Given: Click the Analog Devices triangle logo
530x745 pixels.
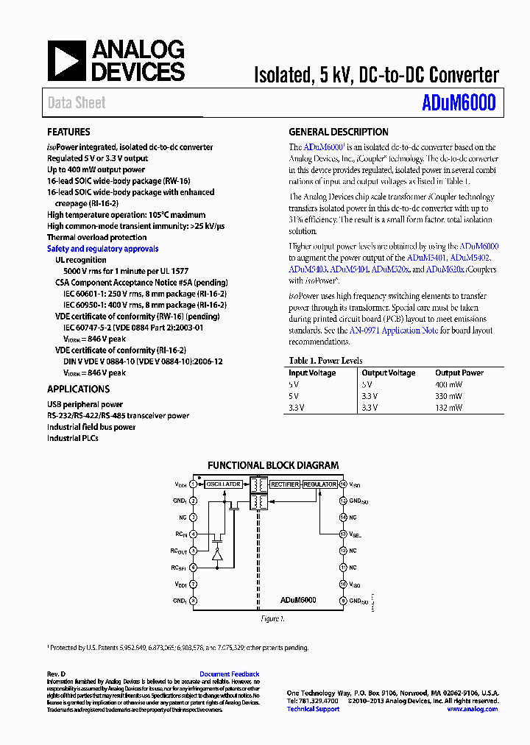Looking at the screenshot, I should coord(67,60).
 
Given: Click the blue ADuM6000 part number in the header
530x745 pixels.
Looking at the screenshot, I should coord(459,103).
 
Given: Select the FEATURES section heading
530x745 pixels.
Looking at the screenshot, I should coord(68,132).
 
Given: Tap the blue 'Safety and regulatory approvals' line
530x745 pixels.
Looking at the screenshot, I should coord(102,249).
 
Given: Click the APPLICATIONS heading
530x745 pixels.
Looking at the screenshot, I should coord(78,389).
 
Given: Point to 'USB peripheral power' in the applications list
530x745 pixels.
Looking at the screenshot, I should coord(85,404).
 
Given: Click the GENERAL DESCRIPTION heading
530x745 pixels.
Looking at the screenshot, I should coord(338,132).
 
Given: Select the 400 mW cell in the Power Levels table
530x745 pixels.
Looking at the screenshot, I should coord(448,384).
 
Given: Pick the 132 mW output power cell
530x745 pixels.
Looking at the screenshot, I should coord(448,407).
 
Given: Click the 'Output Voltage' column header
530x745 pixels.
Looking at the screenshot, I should coord(388,372).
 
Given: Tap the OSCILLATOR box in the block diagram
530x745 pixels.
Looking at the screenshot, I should coord(223,484).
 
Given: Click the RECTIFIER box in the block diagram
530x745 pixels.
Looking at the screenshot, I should coord(284,484).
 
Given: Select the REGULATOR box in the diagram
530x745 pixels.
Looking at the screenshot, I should coord(320,484).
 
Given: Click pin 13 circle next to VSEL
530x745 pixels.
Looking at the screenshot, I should coord(343,534).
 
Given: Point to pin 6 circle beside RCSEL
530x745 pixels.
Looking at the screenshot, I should coord(194,568).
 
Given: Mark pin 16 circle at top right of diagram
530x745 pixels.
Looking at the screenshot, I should coord(343,484).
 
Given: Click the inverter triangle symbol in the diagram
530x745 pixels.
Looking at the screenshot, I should coord(217,557).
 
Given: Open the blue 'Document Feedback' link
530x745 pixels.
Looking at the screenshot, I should coord(229,674).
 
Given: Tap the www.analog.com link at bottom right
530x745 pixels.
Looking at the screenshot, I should coord(472,709).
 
